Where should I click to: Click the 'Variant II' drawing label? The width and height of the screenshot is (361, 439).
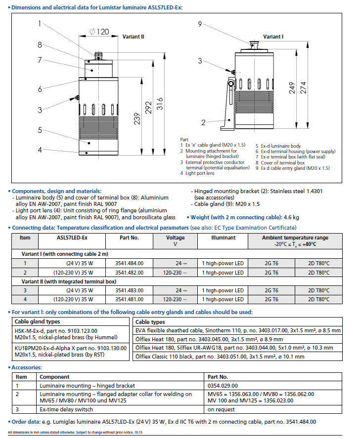click(133, 37)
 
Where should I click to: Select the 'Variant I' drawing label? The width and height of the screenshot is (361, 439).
click(273, 37)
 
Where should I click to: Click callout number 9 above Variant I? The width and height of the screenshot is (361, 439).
click(200, 24)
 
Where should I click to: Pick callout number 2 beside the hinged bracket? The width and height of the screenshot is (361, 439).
click(203, 122)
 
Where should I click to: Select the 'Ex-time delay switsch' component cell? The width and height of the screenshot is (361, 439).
click(67, 409)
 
